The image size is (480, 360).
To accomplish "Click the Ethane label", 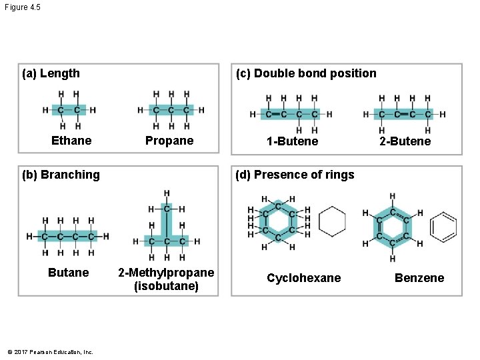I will [71, 141].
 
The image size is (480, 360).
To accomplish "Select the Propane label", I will [169, 141].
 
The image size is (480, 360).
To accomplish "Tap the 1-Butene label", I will [292, 141].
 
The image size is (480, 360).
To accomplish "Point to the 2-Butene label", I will [405, 141].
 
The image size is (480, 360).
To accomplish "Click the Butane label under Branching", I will [68, 273].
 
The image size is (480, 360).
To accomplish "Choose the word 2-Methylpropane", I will [166, 273].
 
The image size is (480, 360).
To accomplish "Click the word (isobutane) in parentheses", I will [166, 286].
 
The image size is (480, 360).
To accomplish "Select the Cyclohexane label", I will [303, 278].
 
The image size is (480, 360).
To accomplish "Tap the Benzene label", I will [419, 278].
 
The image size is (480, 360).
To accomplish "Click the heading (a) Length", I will [51, 73].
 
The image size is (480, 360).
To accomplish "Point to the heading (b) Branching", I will [61, 175].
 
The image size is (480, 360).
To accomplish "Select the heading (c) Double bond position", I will [305, 73].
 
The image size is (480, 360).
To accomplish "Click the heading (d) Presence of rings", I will [294, 175].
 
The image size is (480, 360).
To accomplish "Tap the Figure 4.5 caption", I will [22, 7].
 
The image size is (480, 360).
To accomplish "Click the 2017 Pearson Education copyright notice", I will [51, 352].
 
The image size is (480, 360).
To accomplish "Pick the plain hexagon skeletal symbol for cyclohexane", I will [332, 221].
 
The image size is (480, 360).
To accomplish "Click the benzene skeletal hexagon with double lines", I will [444, 227].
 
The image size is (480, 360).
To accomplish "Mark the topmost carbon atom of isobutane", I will [167, 209].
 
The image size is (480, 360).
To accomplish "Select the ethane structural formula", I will [69, 110].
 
